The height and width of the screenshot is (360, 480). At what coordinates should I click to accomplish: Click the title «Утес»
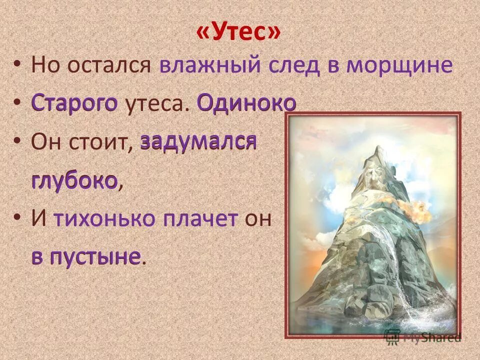click(x=239, y=33)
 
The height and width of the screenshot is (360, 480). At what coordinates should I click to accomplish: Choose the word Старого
click(x=74, y=104)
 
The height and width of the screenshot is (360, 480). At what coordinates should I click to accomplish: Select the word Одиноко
click(x=246, y=104)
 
